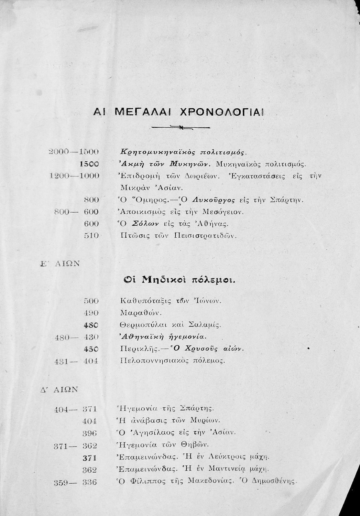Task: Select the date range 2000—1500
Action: pos(74,152)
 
